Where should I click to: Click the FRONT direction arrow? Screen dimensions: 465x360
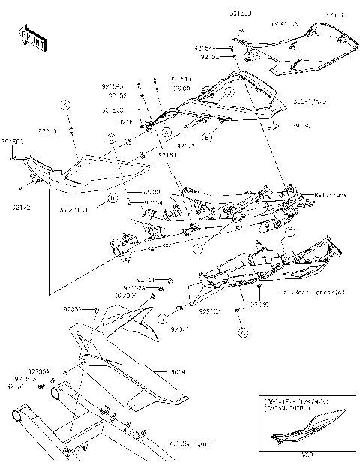(x=29, y=36)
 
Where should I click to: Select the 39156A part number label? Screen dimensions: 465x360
(x=13, y=140)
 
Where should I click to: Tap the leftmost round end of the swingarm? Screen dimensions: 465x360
(x=16, y=415)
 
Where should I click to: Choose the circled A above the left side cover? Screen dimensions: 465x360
(x=65, y=105)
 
